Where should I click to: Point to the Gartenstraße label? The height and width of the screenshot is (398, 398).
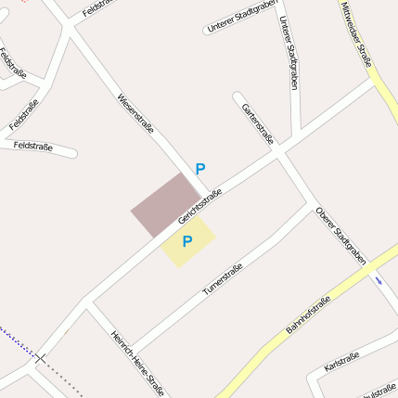(x=257, y=125)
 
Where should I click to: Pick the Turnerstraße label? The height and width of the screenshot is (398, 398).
(x=223, y=279)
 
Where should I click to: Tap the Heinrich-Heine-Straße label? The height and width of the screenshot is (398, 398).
(x=137, y=363)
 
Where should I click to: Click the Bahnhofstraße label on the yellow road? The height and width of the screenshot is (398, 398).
(x=308, y=314)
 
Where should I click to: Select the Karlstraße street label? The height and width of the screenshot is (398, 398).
(x=342, y=362)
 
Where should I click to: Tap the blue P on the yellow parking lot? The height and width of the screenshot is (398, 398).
(x=186, y=242)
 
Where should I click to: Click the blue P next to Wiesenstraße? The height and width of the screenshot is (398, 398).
(x=199, y=169)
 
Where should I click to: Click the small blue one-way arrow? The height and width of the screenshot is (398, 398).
(x=378, y=278)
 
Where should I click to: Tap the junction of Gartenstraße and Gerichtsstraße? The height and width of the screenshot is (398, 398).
(x=279, y=151)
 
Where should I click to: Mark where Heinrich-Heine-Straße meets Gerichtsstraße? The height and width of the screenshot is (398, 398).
(x=87, y=302)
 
